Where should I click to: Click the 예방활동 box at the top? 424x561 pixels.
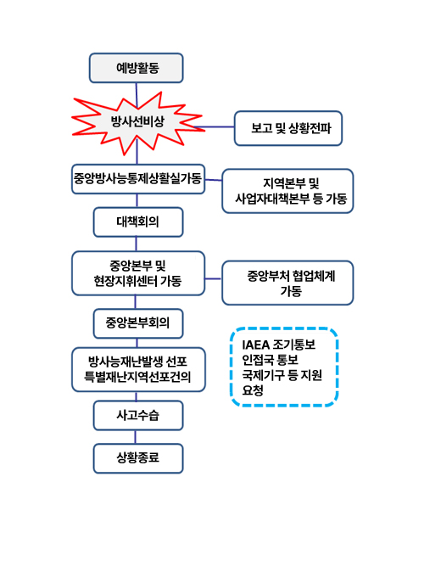[x=137, y=68]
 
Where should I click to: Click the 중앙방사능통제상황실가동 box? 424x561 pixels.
[x=138, y=178]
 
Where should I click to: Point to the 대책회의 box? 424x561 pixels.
[x=137, y=222]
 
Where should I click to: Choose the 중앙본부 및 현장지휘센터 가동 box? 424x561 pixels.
[x=138, y=272]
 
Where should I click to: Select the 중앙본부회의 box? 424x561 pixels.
[x=137, y=323]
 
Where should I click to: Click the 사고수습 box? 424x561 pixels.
[x=137, y=415]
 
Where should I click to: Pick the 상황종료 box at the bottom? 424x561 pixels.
[x=137, y=458]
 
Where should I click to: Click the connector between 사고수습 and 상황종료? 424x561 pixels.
[x=137, y=437]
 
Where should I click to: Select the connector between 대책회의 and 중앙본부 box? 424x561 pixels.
[x=137, y=244]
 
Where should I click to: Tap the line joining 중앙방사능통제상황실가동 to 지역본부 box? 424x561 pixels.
[x=214, y=179]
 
